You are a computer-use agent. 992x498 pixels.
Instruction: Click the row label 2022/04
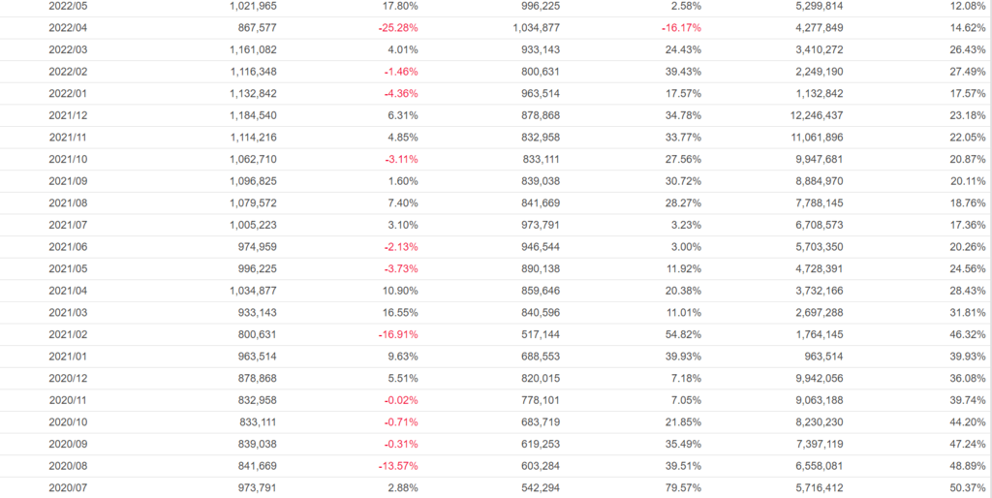[x=68, y=27]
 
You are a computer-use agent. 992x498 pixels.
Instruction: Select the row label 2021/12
[x=68, y=115]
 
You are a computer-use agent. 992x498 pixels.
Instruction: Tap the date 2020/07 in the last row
[x=68, y=487]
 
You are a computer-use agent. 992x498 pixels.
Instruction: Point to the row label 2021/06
[x=68, y=246]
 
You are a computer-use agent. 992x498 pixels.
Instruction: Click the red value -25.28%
[x=398, y=27]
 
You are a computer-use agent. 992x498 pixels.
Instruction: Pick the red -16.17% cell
[x=682, y=27]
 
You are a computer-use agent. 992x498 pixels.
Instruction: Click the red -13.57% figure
[x=398, y=465]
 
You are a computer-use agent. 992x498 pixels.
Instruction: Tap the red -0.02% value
[x=400, y=400]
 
